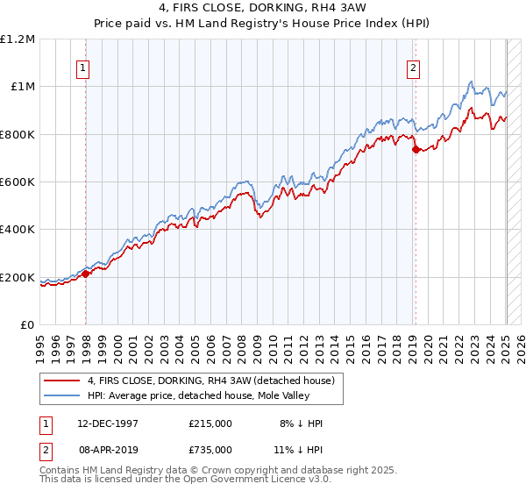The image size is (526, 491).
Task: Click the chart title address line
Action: [262, 9]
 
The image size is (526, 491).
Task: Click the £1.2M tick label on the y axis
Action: [18, 39]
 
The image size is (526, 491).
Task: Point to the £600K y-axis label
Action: [17, 182]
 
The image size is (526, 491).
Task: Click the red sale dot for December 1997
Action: [86, 274]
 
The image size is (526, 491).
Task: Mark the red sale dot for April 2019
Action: [416, 149]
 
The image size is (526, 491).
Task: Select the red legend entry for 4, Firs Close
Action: [210, 381]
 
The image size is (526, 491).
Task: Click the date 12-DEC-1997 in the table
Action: [100, 423]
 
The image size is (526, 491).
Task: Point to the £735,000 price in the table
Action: [210, 449]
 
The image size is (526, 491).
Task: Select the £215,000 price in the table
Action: [210, 423]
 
